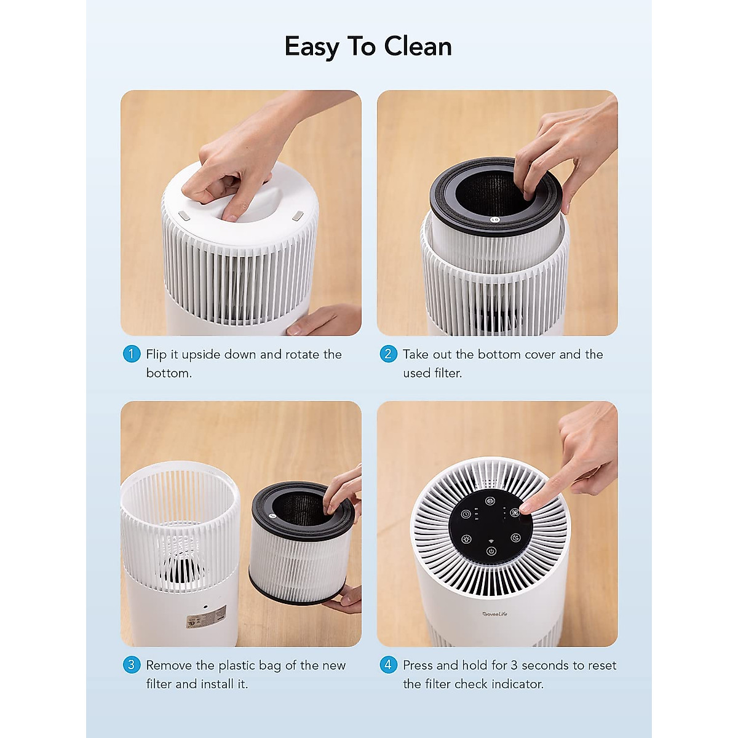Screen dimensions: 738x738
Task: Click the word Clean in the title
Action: [x=418, y=47]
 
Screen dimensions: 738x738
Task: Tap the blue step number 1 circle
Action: [x=132, y=354]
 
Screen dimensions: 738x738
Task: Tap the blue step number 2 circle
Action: [x=388, y=354]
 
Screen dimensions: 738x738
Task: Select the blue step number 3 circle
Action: [x=132, y=665]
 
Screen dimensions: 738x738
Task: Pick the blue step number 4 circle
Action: [x=388, y=665]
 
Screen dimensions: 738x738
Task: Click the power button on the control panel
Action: [x=491, y=551]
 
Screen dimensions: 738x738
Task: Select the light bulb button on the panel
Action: [x=467, y=539]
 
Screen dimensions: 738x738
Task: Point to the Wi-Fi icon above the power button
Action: [x=491, y=541]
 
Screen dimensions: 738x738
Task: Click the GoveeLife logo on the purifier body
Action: [x=495, y=614]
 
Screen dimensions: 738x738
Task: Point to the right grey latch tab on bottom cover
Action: [x=298, y=216]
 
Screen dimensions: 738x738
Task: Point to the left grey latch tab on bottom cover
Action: [x=184, y=216]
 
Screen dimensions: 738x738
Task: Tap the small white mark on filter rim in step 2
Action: [x=495, y=220]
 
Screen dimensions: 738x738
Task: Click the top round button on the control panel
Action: [x=490, y=501]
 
